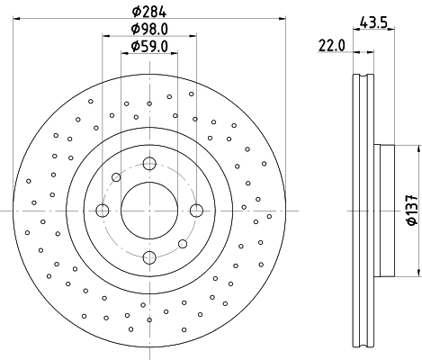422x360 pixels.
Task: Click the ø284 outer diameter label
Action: [148, 12]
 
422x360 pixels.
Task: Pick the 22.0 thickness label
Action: [332, 44]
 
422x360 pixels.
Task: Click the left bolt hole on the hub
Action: [102, 211]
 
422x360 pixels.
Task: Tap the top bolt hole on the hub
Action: [148, 164]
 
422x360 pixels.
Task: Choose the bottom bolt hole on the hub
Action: [148, 257]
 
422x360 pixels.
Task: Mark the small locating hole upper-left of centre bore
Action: [115, 177]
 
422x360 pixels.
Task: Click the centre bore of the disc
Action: [148, 211]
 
